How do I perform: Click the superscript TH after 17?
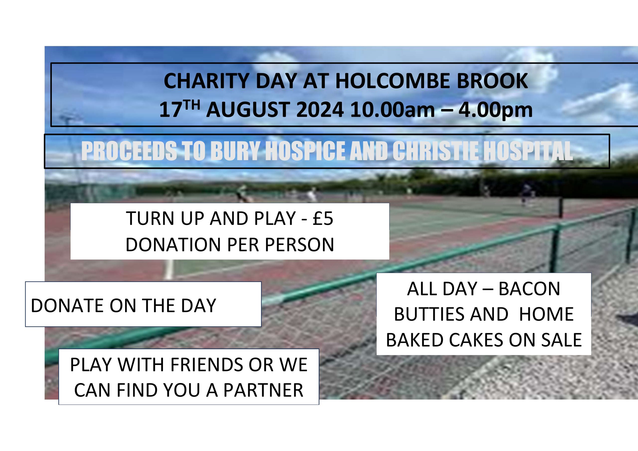coord(191,106)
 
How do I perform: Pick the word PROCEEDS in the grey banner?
coord(129,151)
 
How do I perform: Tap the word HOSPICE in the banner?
coord(305,151)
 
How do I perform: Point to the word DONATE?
coord(68,306)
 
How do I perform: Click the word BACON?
coord(529,289)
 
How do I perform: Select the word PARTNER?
coord(263,390)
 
